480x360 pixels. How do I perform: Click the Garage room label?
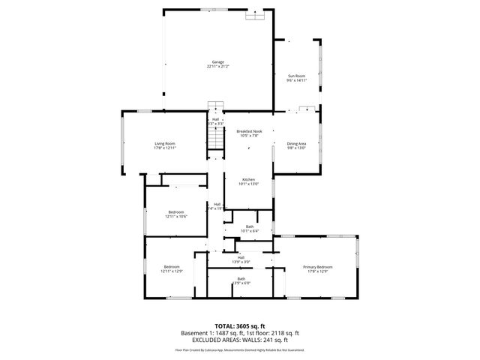point(217,61)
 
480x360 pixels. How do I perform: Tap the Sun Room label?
point(297,76)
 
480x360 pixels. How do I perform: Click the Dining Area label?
point(296,143)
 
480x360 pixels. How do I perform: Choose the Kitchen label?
point(249,179)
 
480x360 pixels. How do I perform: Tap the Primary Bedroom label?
point(318,267)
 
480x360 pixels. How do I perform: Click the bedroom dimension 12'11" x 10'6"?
point(176,217)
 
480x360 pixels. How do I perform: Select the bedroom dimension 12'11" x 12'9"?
point(172,271)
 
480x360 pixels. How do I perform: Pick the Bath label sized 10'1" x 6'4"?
point(250,230)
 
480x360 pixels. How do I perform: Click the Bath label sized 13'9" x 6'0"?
point(241,283)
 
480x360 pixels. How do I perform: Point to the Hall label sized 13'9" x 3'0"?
point(241,262)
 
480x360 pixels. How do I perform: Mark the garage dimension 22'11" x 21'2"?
point(217,67)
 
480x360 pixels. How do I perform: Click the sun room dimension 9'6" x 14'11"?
point(297,80)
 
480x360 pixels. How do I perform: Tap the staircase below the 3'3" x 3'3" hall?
point(215,139)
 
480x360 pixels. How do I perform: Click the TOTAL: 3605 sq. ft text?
point(239,325)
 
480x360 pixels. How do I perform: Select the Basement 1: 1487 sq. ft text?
point(209,332)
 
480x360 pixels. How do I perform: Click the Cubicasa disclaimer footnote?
point(239,349)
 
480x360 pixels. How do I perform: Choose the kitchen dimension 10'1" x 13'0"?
point(249,184)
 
